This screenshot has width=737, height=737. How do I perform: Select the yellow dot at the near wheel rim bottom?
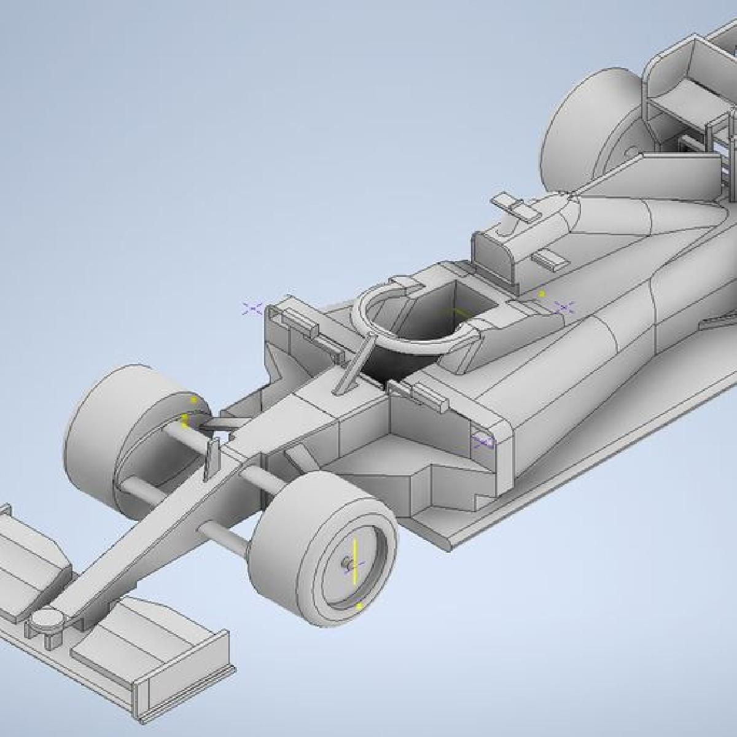coord(359,606)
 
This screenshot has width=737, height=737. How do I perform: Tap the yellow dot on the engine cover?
coord(542,294)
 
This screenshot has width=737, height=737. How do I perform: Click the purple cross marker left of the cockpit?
coord(252,308)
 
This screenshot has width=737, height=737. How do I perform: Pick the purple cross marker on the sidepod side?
coord(483,441)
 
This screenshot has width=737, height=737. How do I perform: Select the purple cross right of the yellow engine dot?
coord(564,306)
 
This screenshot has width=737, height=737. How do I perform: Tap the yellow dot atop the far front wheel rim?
coord(193,400)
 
